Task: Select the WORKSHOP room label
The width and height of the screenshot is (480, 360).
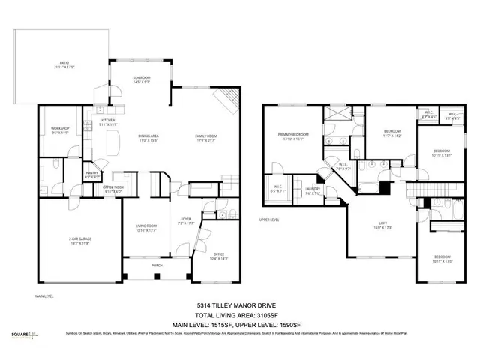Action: [60, 129]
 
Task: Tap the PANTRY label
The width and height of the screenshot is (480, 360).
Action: [94, 175]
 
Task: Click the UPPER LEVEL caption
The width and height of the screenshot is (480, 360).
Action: [268, 220]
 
